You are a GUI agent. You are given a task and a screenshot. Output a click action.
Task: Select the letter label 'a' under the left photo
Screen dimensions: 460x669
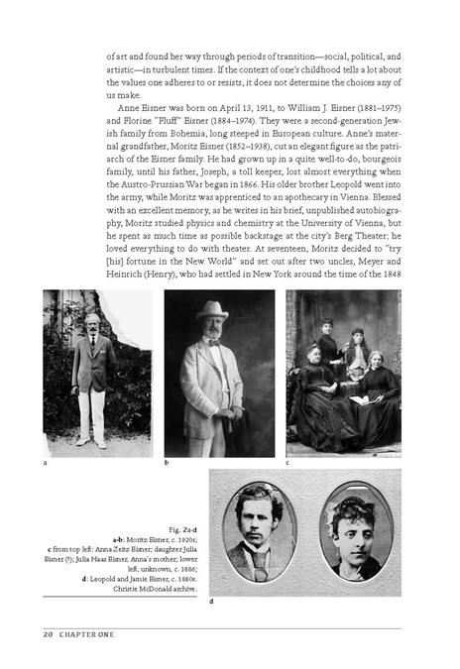pos(45,463)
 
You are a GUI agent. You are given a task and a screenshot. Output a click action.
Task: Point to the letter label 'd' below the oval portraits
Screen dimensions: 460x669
pos(211,602)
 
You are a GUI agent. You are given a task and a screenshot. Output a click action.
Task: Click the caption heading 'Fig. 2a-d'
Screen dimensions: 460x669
pos(183,531)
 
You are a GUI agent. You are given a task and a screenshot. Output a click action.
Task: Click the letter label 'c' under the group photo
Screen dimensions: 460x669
pos(288,463)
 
